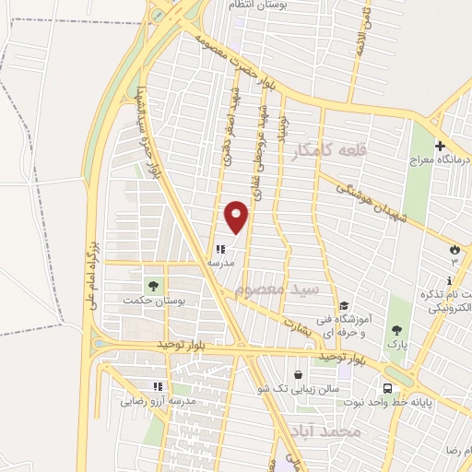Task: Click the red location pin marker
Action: [x=237, y=217]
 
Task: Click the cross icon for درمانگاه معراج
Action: [x=440, y=146]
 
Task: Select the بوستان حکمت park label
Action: [x=154, y=301]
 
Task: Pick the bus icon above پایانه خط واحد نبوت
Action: [x=388, y=388]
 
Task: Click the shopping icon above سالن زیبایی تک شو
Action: [x=299, y=374]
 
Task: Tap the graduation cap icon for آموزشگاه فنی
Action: [x=342, y=307]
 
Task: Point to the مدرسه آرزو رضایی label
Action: [x=158, y=401]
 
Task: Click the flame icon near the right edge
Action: [x=454, y=250]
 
